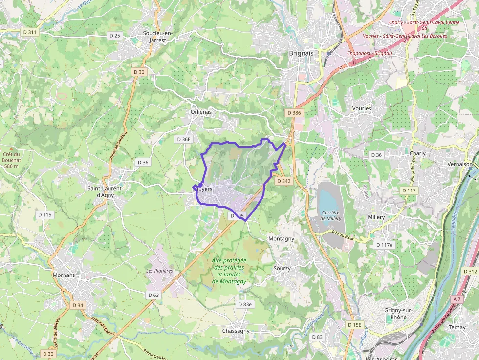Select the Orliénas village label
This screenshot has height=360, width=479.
pyautogui.click(x=201, y=112)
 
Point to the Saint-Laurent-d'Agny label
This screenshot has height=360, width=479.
pyautogui.click(x=106, y=191)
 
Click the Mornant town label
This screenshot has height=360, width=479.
pyautogui.click(x=64, y=275)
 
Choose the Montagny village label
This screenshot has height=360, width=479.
pyautogui.click(x=282, y=238)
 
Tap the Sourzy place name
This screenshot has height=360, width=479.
pyautogui.click(x=282, y=268)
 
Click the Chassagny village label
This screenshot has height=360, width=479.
pyautogui.click(x=236, y=331)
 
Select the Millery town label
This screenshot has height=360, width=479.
pyautogui.click(x=376, y=217)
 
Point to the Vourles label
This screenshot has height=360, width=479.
pyautogui.click(x=361, y=108)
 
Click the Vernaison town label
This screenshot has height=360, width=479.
pyautogui.click(x=460, y=164)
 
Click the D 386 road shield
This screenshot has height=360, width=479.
pyautogui.click(x=294, y=113)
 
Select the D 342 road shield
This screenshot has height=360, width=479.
pyautogui.click(x=283, y=181)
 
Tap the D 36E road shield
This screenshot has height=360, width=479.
pyautogui.click(x=183, y=139)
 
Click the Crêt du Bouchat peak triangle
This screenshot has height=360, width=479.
pyautogui.click(x=12, y=148)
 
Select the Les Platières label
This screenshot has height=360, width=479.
pyautogui.click(x=159, y=271)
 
